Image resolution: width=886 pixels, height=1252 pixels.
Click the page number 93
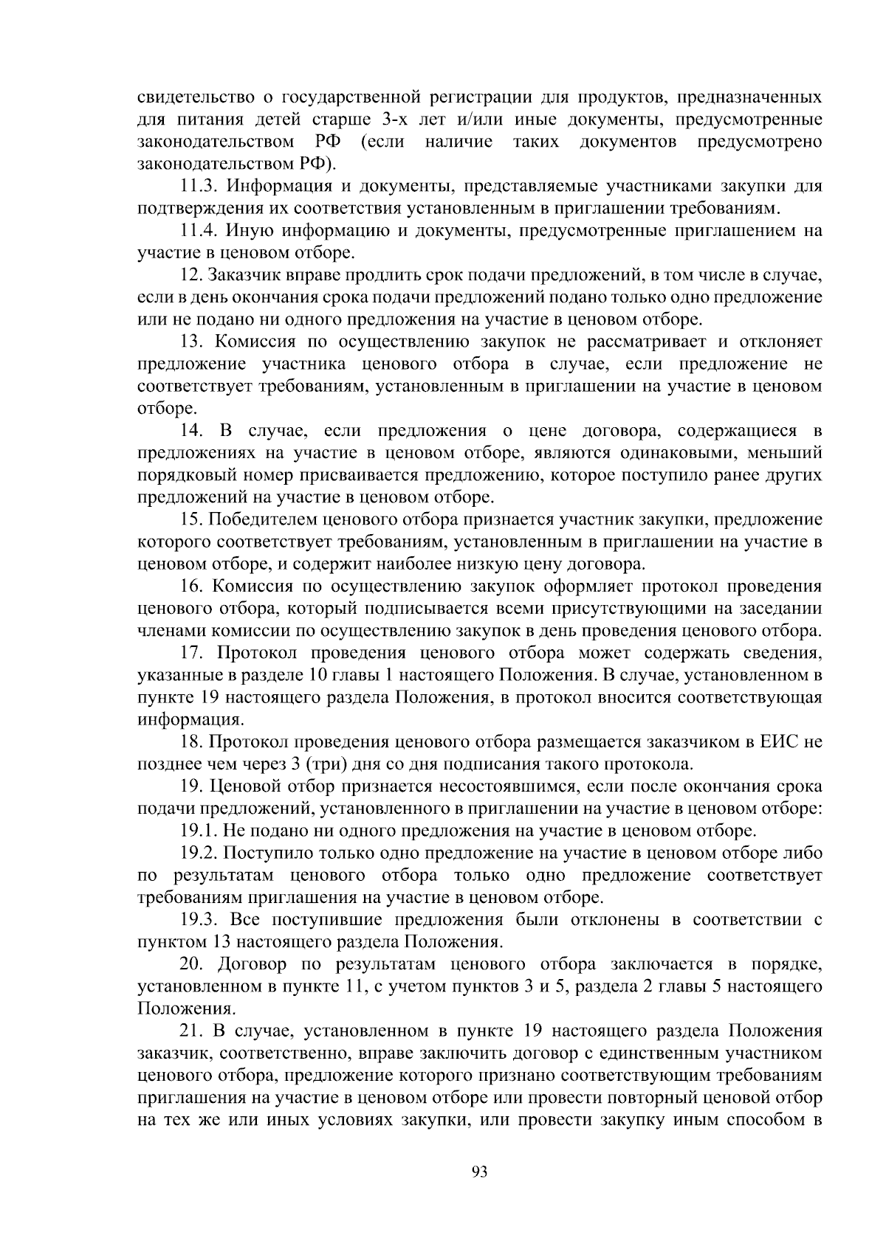click(x=480, y=1172)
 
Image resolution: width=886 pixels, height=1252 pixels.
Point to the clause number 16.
click(x=192, y=587)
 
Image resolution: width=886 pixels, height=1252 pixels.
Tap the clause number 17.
click(x=192, y=653)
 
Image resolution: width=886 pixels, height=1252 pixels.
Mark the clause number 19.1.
click(x=197, y=831)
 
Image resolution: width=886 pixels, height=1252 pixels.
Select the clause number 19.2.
click(x=197, y=853)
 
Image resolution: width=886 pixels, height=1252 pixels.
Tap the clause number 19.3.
click(x=197, y=920)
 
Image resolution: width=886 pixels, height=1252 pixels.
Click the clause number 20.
click(x=192, y=964)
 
